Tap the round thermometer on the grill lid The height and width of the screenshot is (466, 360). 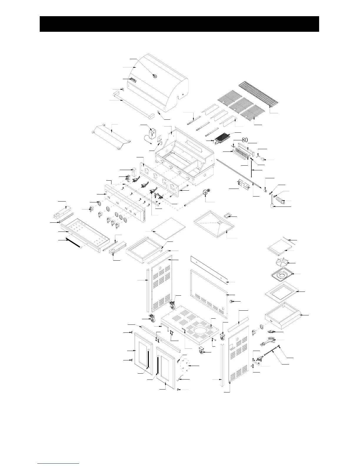155,76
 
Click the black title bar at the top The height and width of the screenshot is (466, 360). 179,24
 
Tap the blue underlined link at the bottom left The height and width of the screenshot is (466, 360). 59,464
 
